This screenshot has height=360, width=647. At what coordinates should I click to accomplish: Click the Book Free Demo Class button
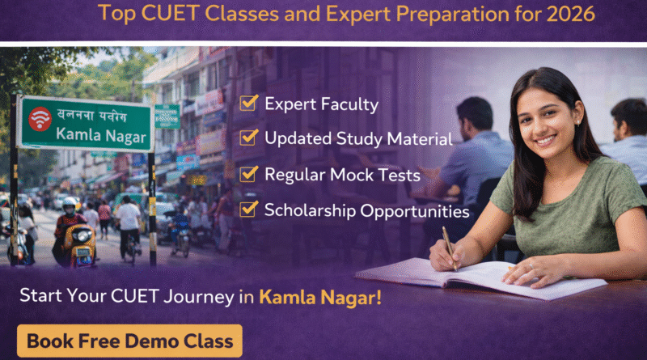point(129,341)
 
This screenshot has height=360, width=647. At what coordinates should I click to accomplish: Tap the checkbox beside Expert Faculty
point(249,104)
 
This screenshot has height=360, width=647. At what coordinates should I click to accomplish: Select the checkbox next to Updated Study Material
point(249,138)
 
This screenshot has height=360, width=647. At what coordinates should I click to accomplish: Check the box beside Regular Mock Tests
point(249,175)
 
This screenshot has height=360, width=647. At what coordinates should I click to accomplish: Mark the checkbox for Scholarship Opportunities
point(249,210)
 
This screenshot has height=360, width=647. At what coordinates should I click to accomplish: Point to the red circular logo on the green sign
point(39,119)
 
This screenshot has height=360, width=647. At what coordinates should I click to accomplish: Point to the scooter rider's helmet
point(70,205)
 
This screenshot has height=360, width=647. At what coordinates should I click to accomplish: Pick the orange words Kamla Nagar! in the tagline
point(320,297)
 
